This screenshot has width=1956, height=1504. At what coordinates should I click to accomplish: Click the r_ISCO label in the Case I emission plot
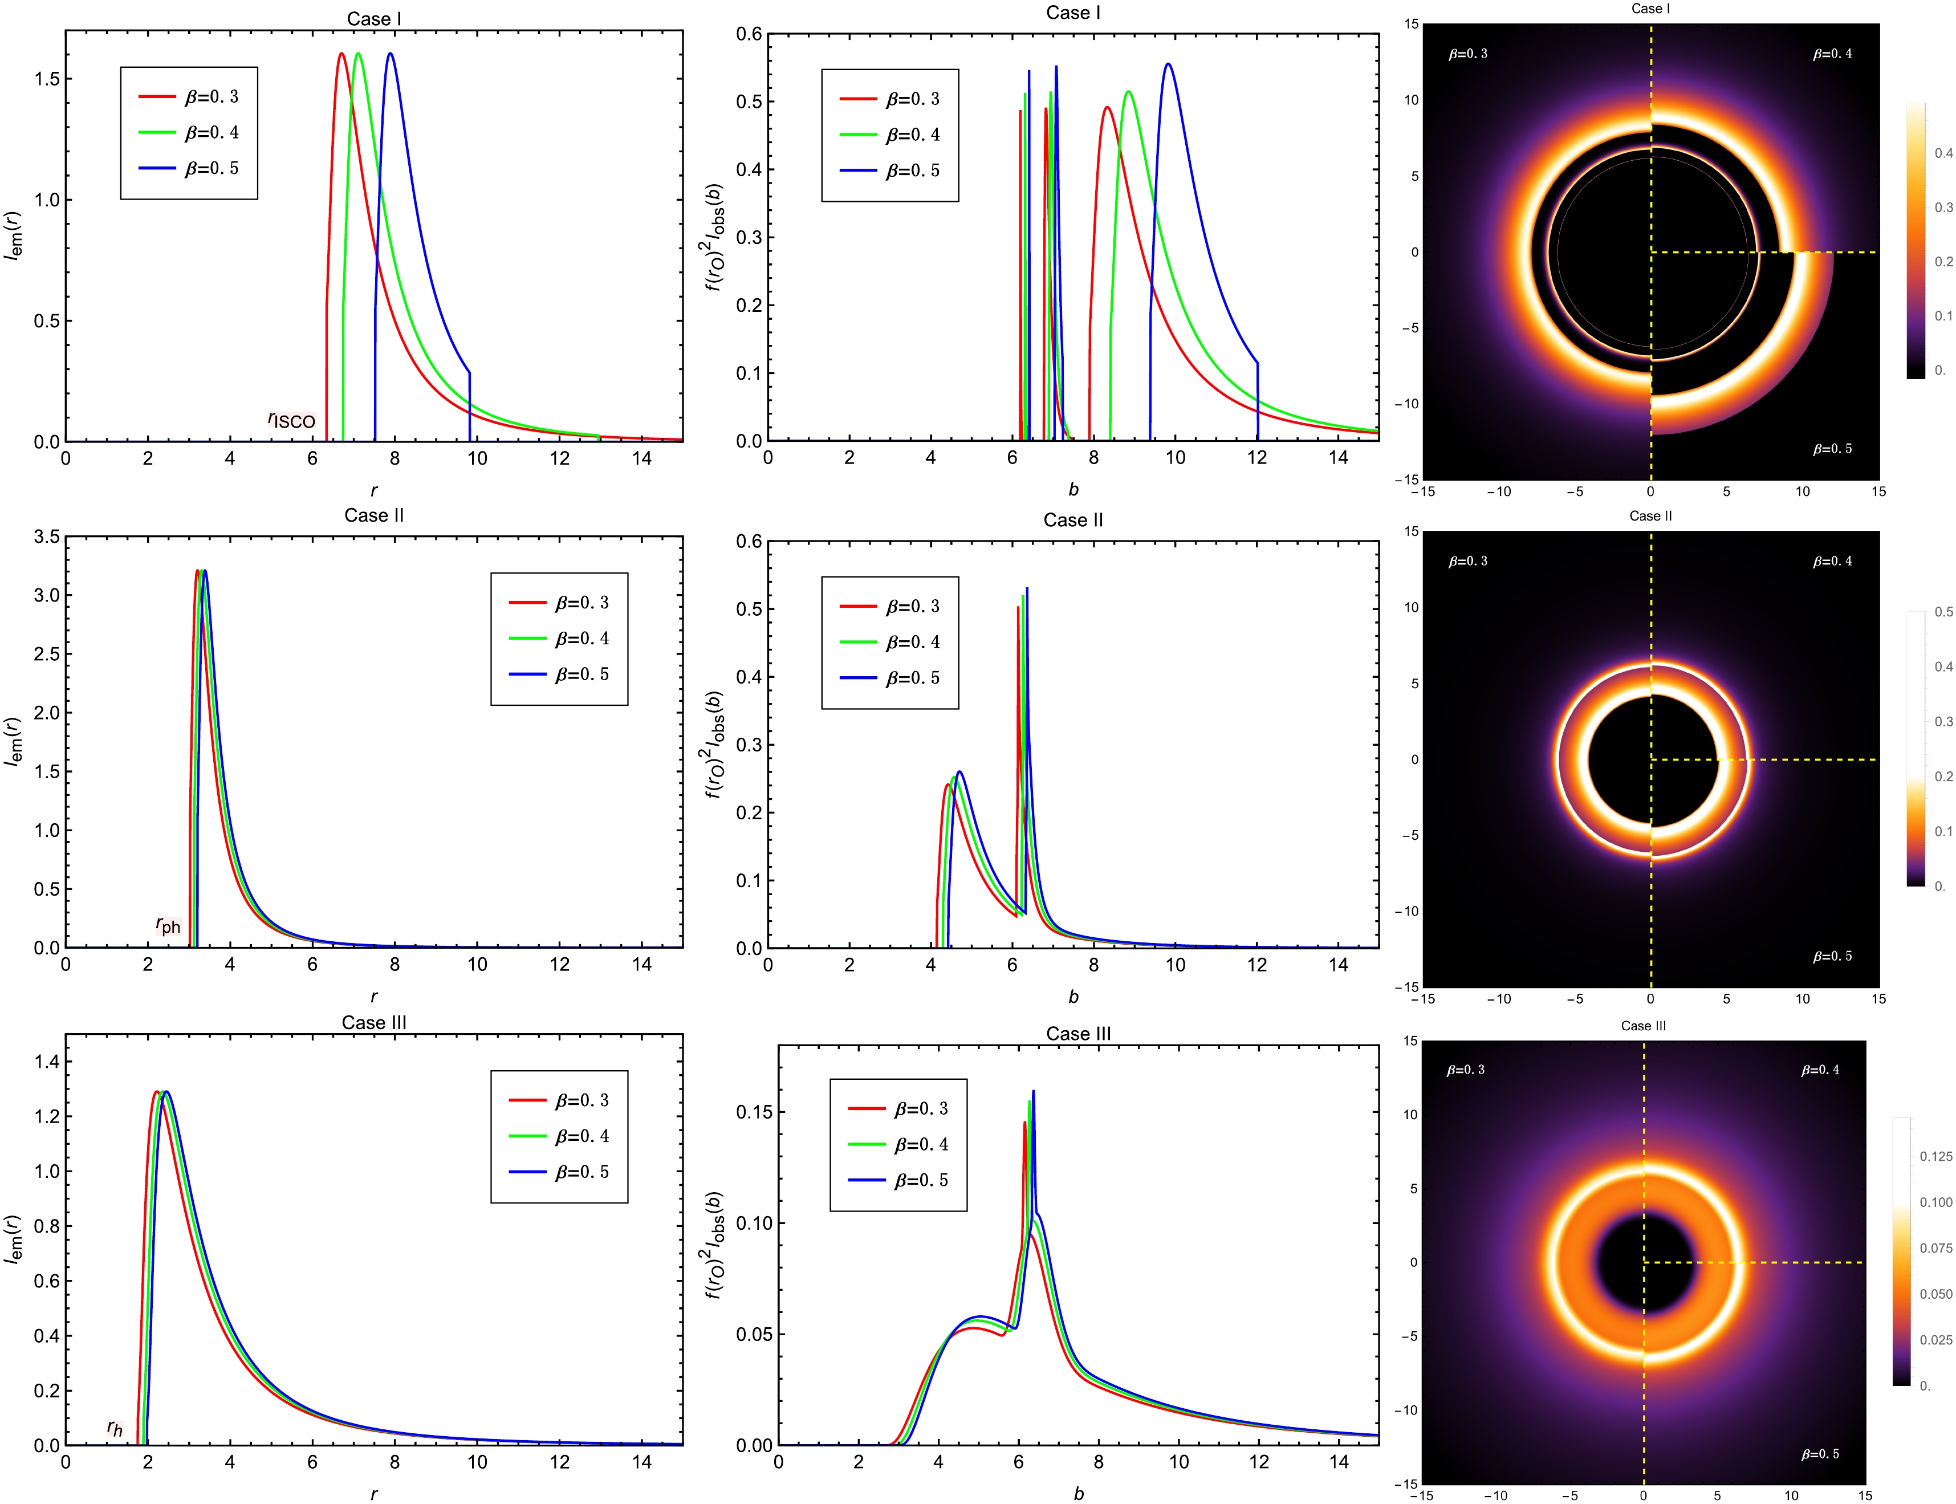tap(292, 420)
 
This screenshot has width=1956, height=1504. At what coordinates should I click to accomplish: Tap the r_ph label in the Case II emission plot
tap(168, 925)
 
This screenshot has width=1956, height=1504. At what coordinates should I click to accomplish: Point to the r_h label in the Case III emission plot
tap(115, 1428)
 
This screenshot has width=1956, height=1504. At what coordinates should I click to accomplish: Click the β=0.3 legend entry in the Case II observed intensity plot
tap(912, 606)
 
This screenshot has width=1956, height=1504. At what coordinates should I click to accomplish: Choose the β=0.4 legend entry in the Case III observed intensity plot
tap(920, 1144)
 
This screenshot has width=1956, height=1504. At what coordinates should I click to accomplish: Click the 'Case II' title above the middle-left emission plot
tap(374, 515)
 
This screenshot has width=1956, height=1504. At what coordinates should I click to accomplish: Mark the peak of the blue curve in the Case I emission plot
tap(391, 54)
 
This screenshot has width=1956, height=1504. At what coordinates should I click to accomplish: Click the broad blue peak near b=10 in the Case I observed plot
tap(1168, 64)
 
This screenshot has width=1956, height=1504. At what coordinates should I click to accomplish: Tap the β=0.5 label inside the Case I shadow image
tap(1832, 449)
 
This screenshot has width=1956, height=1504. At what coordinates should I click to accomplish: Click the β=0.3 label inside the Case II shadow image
tap(1468, 562)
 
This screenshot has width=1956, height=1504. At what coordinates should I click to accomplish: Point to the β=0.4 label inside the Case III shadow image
tap(1820, 1070)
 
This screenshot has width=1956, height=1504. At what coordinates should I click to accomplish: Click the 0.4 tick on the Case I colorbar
tap(1943, 153)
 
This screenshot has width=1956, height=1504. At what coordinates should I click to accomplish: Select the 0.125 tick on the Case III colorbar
tap(1936, 1157)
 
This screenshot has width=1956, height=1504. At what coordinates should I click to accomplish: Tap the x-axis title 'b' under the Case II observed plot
tap(1073, 997)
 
